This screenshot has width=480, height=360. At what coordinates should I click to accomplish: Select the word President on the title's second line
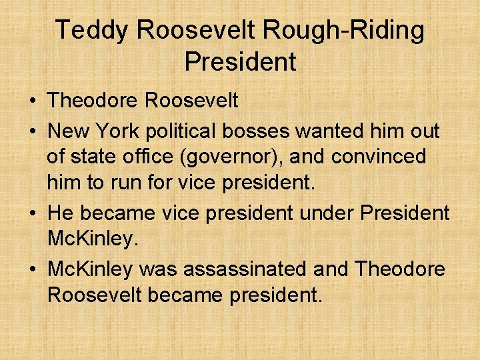click(240, 62)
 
